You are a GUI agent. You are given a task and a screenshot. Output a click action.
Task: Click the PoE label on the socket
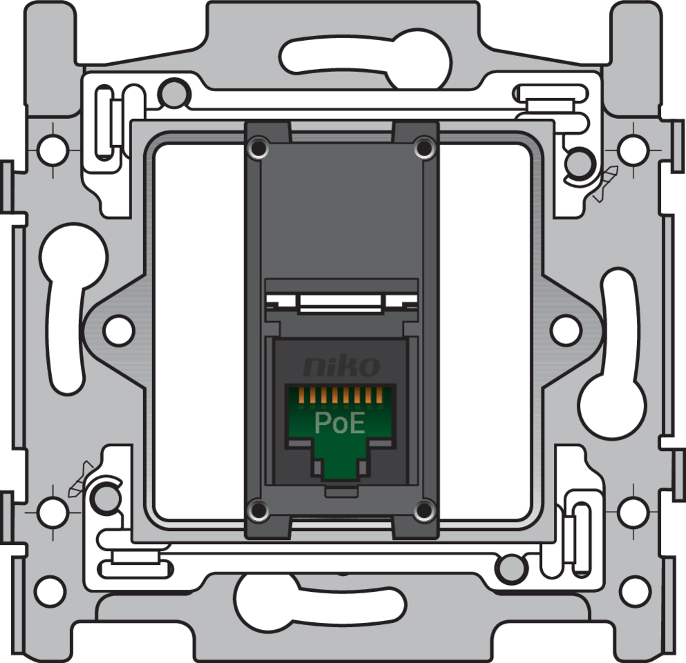pyautogui.click(x=340, y=423)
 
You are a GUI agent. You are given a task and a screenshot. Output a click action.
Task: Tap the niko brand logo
pyautogui.click(x=342, y=366)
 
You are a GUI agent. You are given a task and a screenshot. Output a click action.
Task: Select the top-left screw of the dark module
pyautogui.click(x=259, y=147)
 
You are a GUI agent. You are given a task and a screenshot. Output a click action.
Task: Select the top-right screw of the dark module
pyautogui.click(x=423, y=147)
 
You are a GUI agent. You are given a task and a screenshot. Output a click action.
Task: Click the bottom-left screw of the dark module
pyautogui.click(x=259, y=510)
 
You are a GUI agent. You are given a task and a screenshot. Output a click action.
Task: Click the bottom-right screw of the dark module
pyautogui.click(x=423, y=510)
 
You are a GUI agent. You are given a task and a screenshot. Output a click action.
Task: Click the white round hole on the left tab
pyautogui.click(x=118, y=329)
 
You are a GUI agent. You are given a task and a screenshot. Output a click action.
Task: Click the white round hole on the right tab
pyautogui.click(x=566, y=329)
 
